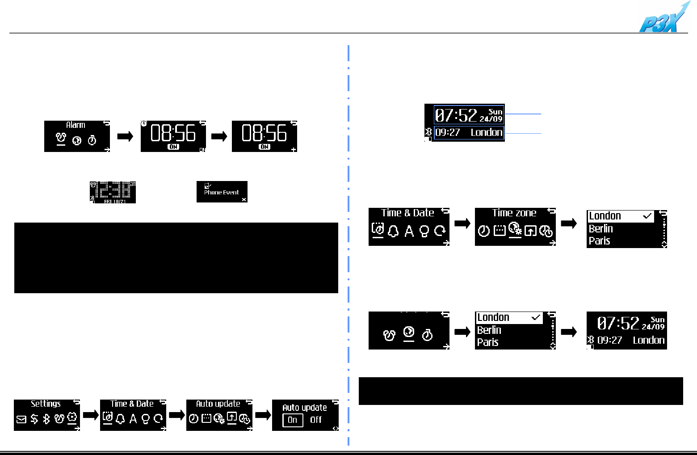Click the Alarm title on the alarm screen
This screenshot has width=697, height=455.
[76, 125]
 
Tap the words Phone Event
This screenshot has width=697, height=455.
[222, 193]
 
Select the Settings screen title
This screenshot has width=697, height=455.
[46, 404]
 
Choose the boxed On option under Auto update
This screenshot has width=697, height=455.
[293, 420]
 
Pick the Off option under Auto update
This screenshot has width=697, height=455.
[316, 420]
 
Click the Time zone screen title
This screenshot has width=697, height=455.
[514, 213]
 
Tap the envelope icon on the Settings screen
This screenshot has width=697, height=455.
[21, 419]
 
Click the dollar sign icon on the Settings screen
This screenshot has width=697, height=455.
[34, 419]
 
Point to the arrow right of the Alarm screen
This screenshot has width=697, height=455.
[125, 136]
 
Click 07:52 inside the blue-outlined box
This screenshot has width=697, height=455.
[456, 116]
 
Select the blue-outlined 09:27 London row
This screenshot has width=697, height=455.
[469, 132]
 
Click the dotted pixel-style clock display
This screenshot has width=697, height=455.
[113, 192]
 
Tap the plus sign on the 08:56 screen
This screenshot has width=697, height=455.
[294, 149]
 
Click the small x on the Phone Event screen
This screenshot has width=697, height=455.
[244, 199]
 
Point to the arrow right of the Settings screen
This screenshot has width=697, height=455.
[90, 415]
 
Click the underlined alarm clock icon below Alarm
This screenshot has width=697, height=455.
[61, 139]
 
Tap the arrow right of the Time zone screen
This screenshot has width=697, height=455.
[568, 223]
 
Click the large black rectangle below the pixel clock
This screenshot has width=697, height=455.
[176, 258]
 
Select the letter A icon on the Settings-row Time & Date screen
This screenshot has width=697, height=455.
[133, 419]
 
